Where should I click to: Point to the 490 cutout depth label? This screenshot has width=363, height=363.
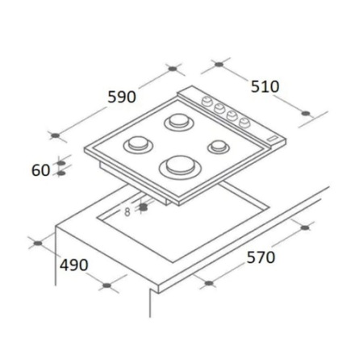(x=73, y=264)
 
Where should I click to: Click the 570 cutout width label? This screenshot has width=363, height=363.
(x=260, y=257)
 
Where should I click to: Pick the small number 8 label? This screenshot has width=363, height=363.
(x=127, y=212)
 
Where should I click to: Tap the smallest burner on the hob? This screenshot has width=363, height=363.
(x=217, y=148)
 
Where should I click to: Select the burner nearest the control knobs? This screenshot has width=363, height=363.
(x=177, y=123)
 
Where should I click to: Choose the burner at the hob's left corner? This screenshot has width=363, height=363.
(x=137, y=146)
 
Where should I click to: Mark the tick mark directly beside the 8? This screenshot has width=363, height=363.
(x=143, y=207)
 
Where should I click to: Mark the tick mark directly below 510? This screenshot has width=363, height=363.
(x=305, y=113)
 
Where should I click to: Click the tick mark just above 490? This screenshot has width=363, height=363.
(x=36, y=241)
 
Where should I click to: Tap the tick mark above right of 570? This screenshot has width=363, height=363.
(x=304, y=228)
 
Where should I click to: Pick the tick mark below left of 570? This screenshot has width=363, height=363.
(x=208, y=284)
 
